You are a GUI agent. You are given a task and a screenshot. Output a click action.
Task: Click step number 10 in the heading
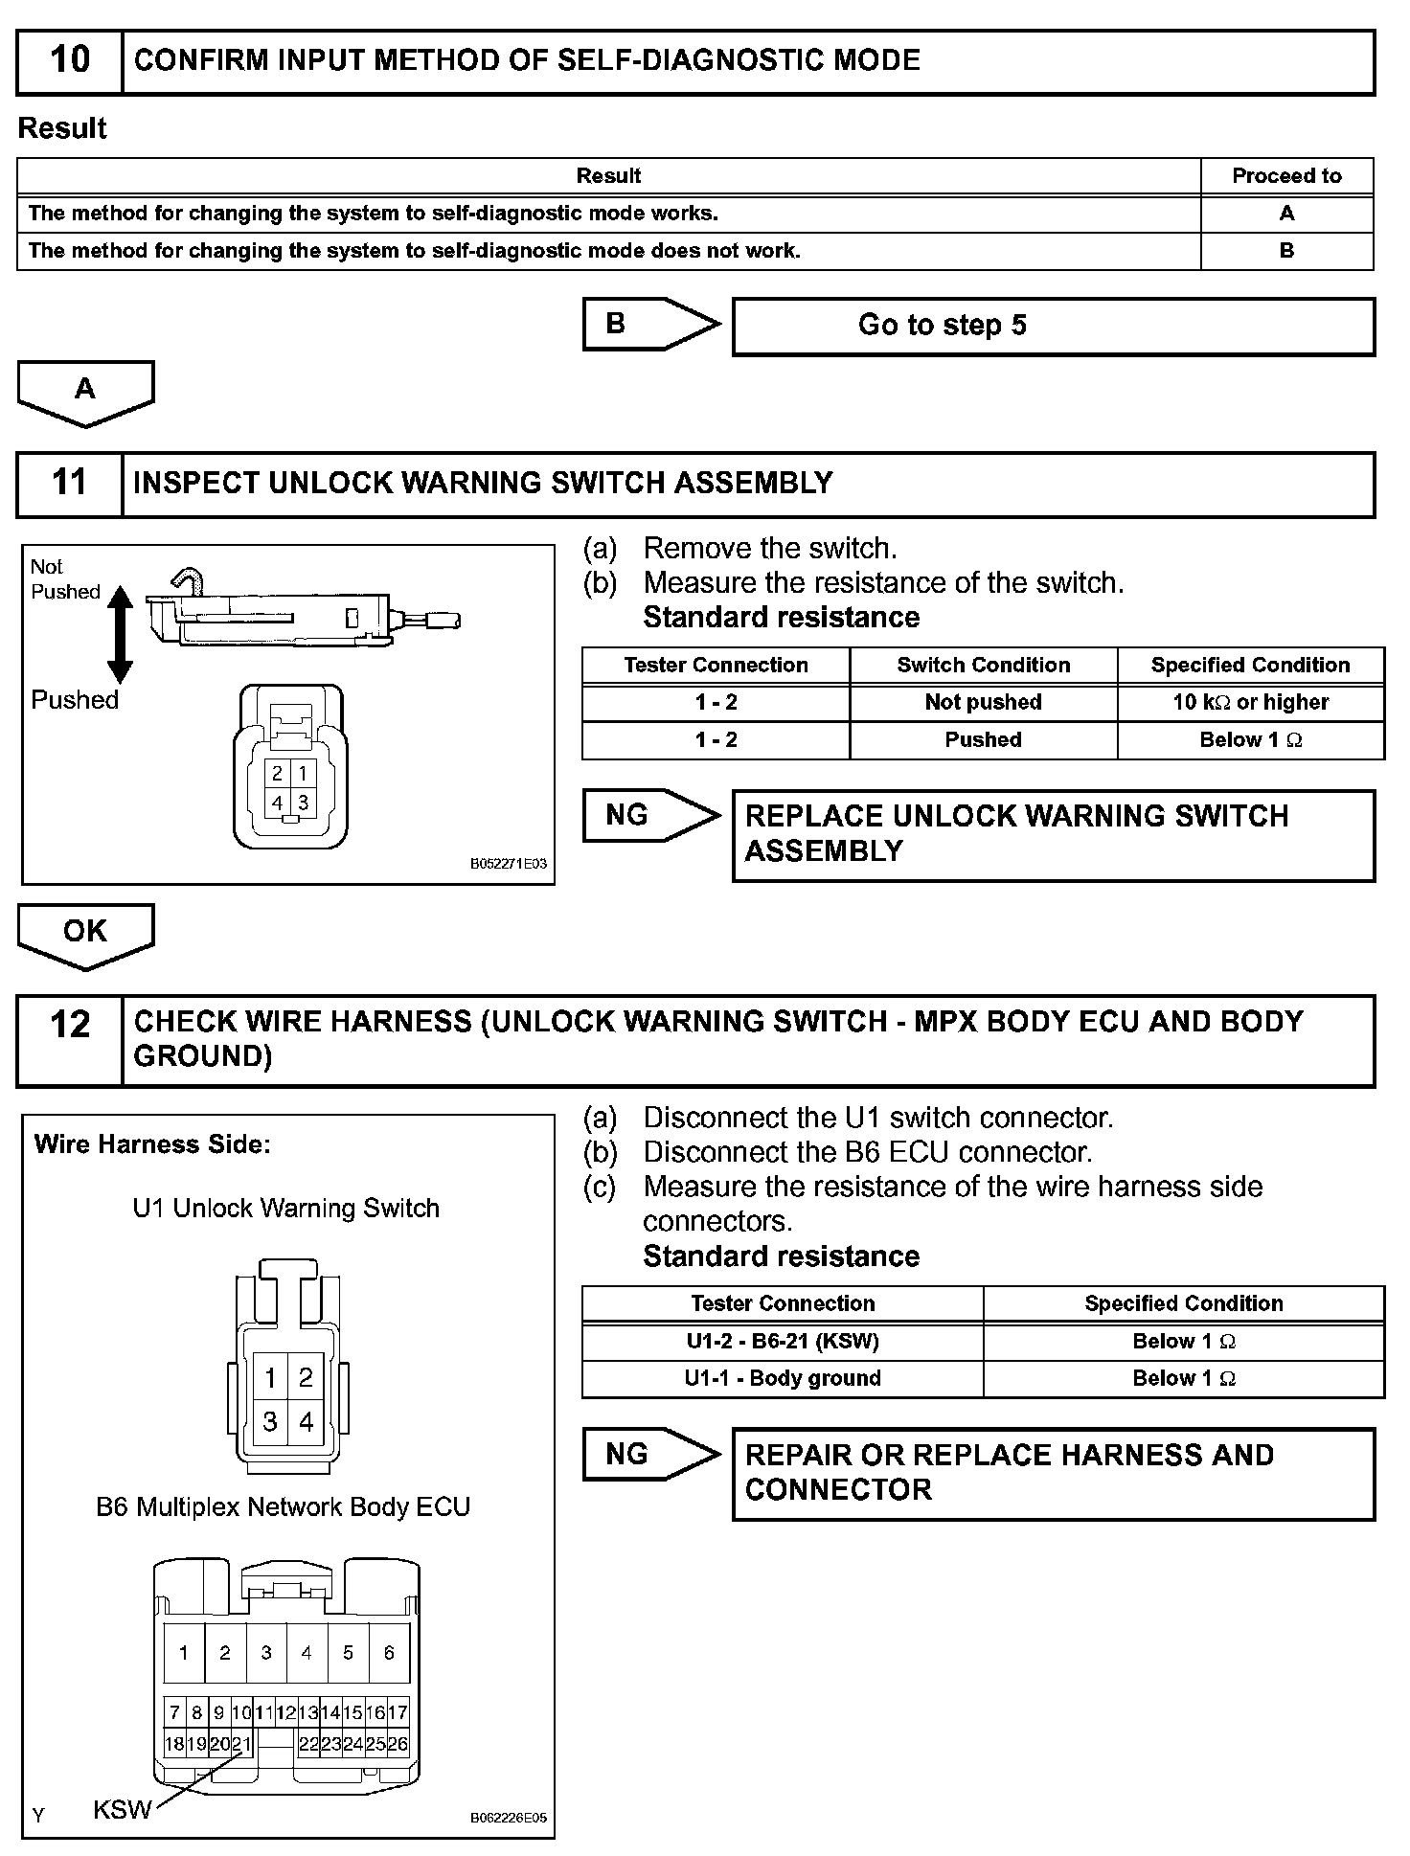click(x=69, y=60)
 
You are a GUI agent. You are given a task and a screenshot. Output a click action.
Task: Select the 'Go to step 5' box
click(x=1052, y=326)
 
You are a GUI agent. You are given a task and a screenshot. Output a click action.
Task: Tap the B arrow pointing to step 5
click(x=649, y=324)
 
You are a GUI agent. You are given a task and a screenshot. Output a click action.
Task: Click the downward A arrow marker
click(x=85, y=391)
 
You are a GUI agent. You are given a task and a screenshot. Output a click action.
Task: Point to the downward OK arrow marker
click(x=85, y=933)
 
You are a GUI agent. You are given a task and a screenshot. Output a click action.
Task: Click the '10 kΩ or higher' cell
click(x=1250, y=702)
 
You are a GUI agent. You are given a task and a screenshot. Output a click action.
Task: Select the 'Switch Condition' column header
click(x=983, y=665)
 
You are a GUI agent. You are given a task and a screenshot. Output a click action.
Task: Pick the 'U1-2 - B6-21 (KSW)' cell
click(x=782, y=1341)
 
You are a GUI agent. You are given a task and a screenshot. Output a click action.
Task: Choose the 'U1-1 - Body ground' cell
click(x=782, y=1378)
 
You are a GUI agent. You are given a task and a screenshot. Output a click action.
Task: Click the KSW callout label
click(x=122, y=1809)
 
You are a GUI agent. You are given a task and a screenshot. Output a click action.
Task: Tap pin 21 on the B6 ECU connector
click(x=241, y=1744)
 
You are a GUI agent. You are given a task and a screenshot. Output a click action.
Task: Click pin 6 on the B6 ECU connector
click(x=389, y=1652)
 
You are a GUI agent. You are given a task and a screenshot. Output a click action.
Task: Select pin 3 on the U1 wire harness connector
click(x=270, y=1422)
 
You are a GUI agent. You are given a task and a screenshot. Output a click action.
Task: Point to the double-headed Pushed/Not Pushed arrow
click(x=120, y=634)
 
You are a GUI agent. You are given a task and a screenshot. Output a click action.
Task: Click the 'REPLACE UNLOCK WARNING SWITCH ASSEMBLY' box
click(x=1052, y=834)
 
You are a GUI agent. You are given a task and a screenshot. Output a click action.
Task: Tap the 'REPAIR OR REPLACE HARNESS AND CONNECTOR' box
click(x=1052, y=1473)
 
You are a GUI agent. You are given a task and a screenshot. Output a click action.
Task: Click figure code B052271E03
click(x=508, y=864)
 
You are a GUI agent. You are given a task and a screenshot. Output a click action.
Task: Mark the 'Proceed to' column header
click(x=1286, y=176)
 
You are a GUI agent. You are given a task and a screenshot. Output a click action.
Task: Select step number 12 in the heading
click(x=69, y=1025)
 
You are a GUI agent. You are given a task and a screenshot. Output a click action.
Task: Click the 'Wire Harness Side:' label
click(x=152, y=1144)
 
